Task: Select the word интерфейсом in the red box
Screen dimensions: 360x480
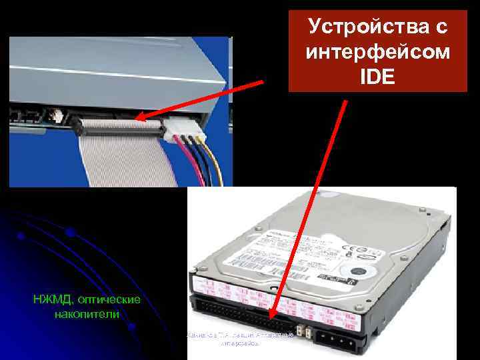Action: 378,52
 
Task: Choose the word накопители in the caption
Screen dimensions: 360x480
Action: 87,314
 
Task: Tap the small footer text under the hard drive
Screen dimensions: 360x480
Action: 240,339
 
